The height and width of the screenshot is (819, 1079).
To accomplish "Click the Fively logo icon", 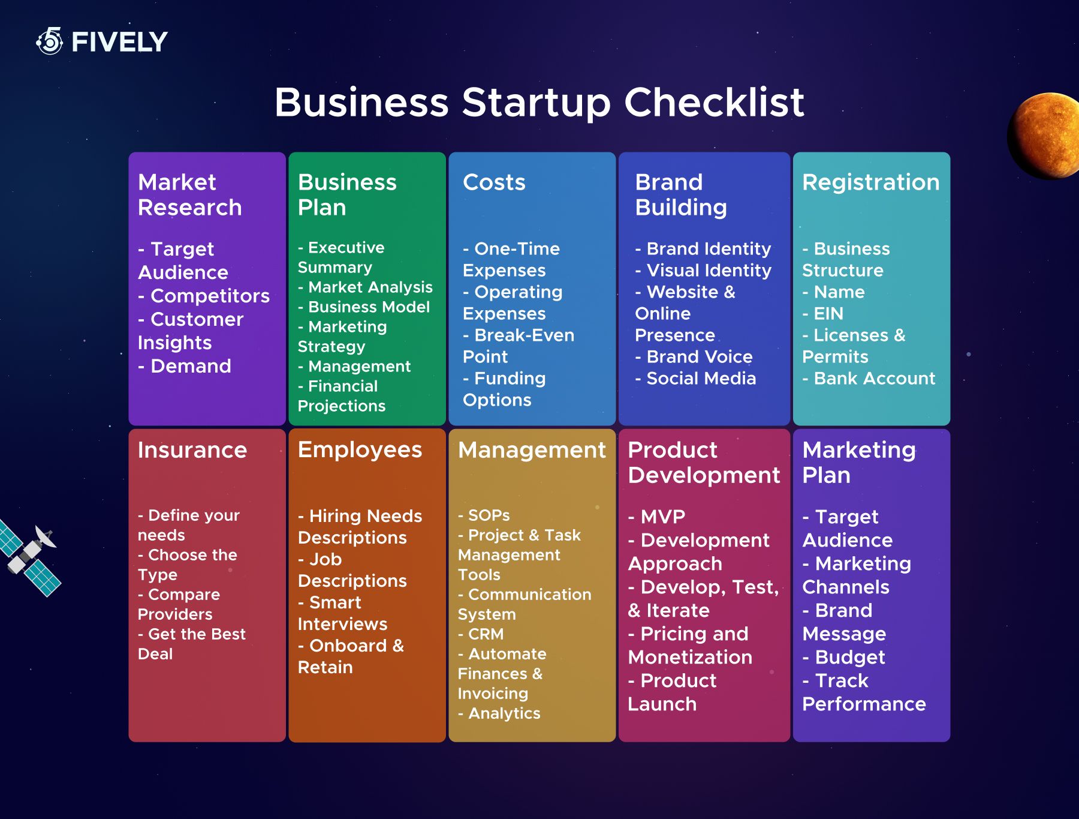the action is tap(50, 41).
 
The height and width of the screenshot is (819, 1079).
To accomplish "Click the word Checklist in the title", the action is tap(714, 102).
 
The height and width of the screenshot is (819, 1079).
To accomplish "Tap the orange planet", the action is tap(1044, 136).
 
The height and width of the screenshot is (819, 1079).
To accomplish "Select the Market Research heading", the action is tap(190, 195).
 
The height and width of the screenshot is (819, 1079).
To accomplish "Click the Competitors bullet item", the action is tap(204, 296).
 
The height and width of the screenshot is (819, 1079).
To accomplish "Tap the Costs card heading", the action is tap(494, 182).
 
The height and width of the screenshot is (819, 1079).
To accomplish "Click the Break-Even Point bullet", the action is tap(519, 346).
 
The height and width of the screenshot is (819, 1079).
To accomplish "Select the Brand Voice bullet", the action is tap(694, 357).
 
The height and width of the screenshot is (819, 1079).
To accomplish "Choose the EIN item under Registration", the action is tap(823, 314).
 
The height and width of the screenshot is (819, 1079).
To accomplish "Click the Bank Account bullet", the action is tap(869, 379).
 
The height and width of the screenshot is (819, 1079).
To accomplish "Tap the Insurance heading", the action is tap(192, 450).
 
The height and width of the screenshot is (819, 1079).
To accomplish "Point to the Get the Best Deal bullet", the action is tap(192, 644).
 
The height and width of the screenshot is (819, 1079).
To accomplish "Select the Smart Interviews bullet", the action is tap(343, 613).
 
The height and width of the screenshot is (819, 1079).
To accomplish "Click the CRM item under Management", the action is tap(481, 634).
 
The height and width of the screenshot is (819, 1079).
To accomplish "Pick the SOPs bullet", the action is tap(484, 515).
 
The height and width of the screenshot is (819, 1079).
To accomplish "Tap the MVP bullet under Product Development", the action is tap(656, 517).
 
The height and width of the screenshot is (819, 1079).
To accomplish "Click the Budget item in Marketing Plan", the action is tap(843, 658).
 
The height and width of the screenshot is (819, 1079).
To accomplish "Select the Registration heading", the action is tap(871, 182).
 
